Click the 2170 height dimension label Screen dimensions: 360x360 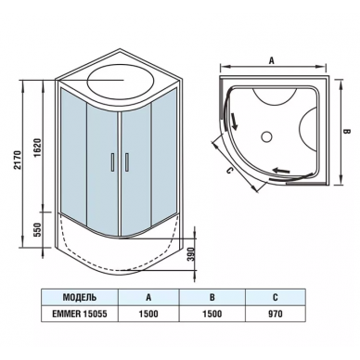point(18,160)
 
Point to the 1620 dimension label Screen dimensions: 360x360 point(37,148)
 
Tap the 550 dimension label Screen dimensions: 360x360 point(37,229)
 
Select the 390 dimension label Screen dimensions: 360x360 point(192,254)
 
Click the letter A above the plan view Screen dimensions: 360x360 point(272,61)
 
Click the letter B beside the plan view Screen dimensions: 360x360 point(347,132)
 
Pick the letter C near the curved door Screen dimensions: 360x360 point(228,171)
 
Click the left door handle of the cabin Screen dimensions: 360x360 point(113,161)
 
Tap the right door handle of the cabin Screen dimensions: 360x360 point(126,161)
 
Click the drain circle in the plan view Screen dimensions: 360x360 point(266,136)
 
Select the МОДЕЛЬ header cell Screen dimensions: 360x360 point(80,297)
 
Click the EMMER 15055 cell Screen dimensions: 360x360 point(80,314)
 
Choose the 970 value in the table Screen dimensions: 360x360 point(276,314)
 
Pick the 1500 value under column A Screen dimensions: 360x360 point(148,314)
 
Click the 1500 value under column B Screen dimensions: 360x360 point(212,314)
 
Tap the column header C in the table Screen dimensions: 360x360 point(276,297)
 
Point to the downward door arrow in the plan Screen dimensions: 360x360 point(234,122)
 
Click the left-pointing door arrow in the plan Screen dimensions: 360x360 point(281,170)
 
